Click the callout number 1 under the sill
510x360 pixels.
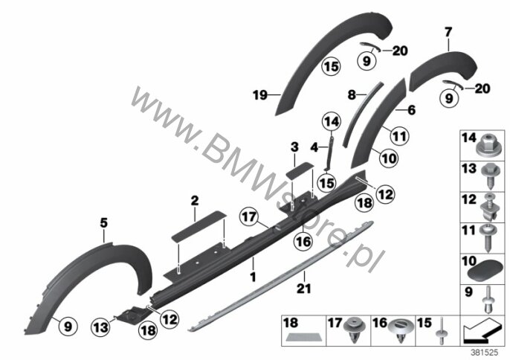tap(253, 277)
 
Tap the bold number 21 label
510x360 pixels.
tap(303, 289)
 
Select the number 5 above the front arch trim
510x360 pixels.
tap(103, 223)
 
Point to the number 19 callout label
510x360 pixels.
tap(260, 95)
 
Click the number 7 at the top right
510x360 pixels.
tap(448, 32)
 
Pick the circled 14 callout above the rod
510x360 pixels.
tap(332, 122)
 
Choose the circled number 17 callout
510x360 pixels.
tap(249, 217)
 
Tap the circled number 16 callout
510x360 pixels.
tap(303, 242)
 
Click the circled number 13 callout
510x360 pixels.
tap(100, 327)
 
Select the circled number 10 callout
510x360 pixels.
tap(389, 158)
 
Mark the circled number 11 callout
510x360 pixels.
tap(399, 136)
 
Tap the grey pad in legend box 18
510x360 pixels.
tap(302, 338)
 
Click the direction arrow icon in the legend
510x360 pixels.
tap(482, 331)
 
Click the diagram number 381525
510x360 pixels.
tap(485, 353)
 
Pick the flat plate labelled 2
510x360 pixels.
tap(198, 226)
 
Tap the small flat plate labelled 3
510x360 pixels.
tap(300, 170)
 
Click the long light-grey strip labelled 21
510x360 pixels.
tap(281, 276)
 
